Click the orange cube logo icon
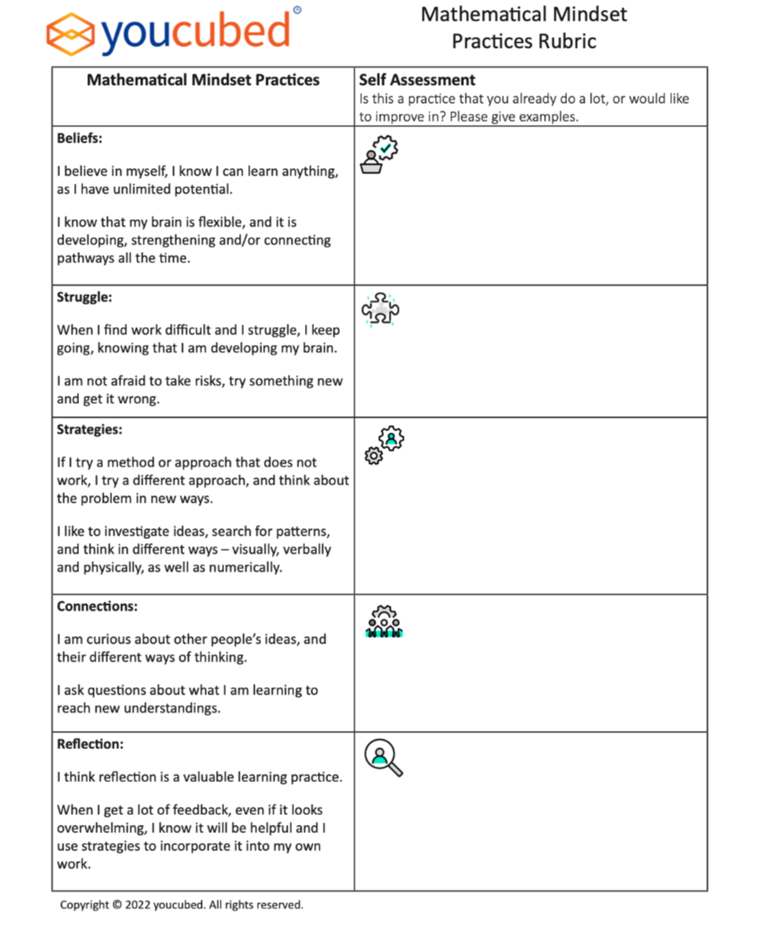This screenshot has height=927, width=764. tap(72, 32)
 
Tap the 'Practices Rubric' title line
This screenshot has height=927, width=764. tap(523, 41)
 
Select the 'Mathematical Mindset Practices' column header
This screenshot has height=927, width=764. tap(203, 80)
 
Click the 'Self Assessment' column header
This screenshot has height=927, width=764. tap(417, 80)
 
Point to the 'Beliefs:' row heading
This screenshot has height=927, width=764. tap(80, 138)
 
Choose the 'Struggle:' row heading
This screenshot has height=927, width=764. tap(82, 297)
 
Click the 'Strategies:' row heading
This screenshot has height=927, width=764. tap(89, 429)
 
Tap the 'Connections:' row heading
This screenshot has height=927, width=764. tap(96, 606)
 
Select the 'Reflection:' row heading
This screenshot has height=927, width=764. tap(90, 744)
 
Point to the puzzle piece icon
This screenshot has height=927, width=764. tap(381, 309)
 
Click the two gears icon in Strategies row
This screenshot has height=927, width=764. tap(387, 445)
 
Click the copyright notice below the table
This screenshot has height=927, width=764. tap(181, 905)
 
